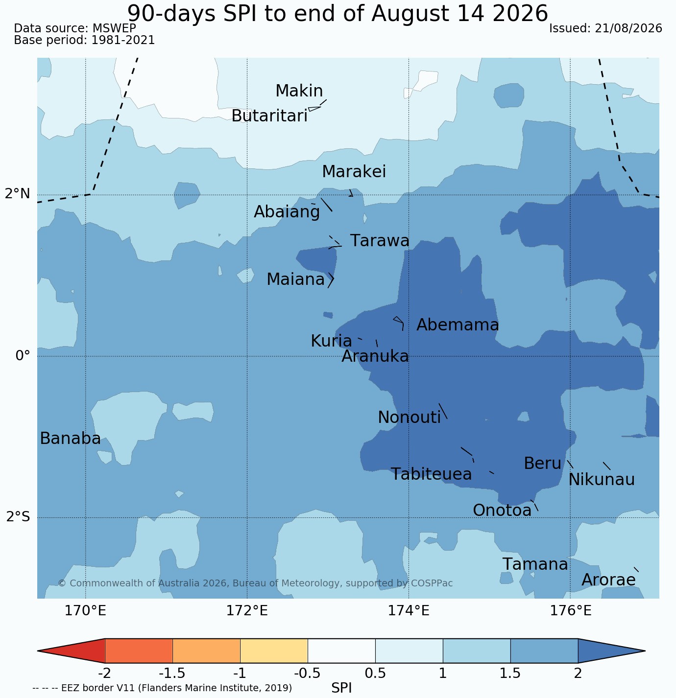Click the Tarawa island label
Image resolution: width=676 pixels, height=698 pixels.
pos(380,241)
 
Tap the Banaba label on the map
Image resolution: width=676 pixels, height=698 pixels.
pos(71,439)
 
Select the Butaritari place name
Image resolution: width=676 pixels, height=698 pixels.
pos(269,116)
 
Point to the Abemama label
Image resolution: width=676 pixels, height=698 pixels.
pos(458,325)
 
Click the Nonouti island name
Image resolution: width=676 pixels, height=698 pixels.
pos(409,418)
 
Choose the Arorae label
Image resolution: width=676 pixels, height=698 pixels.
pos(608,580)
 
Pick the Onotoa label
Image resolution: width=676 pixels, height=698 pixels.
pos(502,511)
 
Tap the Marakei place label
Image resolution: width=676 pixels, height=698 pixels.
pos(354,171)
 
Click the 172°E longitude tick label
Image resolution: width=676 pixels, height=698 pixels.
pos(247,610)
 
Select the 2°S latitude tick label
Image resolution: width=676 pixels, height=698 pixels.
pos(18,517)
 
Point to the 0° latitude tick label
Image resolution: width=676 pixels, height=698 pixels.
pos(23,356)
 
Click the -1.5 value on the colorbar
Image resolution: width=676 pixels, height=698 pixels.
pos(172,673)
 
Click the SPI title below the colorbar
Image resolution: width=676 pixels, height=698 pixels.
pos(341,688)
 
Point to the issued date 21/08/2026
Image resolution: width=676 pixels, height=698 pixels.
pos(628,28)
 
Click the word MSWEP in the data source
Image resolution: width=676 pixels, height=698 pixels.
pos(114,28)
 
